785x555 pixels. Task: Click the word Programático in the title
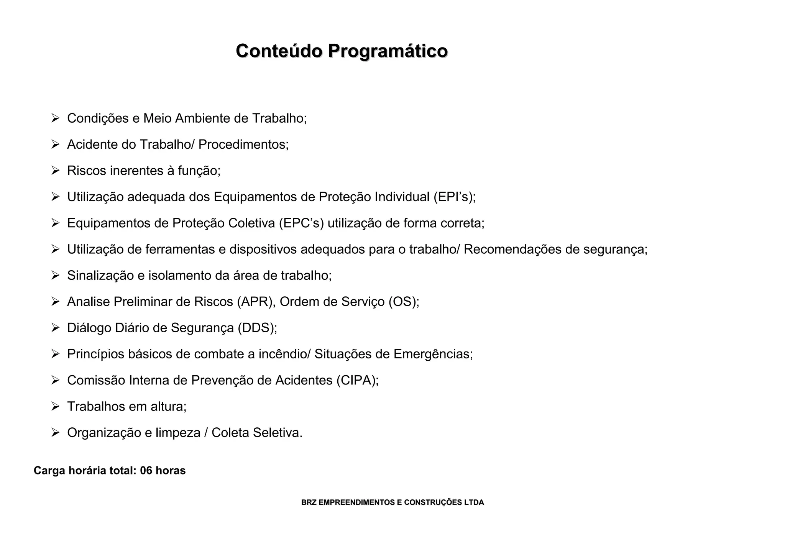tap(388, 51)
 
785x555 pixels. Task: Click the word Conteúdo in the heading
tap(279, 51)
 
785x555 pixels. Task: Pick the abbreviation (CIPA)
tap(358, 380)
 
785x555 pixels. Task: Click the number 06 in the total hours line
tap(146, 471)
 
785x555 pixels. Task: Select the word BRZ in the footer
tap(309, 502)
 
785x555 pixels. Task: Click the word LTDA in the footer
tap(474, 502)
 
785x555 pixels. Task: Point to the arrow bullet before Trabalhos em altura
tap(56, 406)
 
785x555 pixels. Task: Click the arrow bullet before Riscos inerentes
tap(56, 171)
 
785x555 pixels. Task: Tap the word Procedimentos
tap(243, 144)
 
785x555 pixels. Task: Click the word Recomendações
tap(512, 250)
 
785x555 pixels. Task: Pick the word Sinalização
tap(100, 276)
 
